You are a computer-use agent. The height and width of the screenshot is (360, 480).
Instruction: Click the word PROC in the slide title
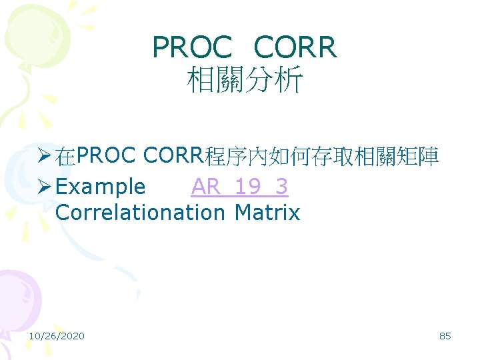click(x=192, y=47)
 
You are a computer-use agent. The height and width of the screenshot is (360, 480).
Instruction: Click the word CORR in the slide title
click(x=296, y=47)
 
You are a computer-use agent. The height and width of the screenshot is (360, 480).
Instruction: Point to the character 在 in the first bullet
click(x=65, y=157)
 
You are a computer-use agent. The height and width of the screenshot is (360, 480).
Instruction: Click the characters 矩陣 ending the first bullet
click(x=416, y=157)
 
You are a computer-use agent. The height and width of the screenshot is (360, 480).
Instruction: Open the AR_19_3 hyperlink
click(x=239, y=187)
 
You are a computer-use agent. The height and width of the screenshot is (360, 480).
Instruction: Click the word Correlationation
click(x=141, y=213)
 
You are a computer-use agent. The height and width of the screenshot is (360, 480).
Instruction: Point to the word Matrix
click(x=267, y=213)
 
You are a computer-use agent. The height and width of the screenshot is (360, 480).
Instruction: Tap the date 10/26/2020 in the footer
click(x=57, y=336)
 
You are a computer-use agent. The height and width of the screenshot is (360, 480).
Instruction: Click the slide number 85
click(x=445, y=336)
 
